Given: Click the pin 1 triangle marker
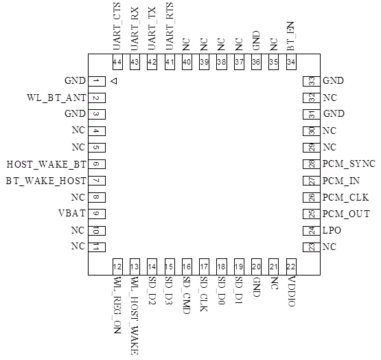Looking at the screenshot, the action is [x=114, y=81].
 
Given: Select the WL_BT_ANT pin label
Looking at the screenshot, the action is [x=56, y=98].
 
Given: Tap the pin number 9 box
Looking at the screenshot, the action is [x=97, y=214].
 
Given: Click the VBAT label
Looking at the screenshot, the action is [x=72, y=213].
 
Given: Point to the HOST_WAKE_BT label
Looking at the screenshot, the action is [x=46, y=164].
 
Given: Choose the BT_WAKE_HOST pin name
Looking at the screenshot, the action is [x=46, y=181].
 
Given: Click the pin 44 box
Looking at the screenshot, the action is [x=117, y=62].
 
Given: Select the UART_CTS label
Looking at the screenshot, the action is [x=117, y=27].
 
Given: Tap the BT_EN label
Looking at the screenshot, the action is [x=290, y=36].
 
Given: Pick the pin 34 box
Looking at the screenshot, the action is [x=291, y=62].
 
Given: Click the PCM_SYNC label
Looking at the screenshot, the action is [x=349, y=164].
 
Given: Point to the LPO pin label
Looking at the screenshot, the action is [x=332, y=230].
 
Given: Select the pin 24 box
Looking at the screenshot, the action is [x=312, y=230].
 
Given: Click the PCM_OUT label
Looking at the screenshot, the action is [x=346, y=214].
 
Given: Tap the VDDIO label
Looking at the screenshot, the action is [x=291, y=291].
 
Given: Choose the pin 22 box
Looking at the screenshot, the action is [x=291, y=267].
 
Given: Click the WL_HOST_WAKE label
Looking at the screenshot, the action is [x=135, y=316].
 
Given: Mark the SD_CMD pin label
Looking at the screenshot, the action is [x=186, y=295].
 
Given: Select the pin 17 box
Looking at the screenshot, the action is [x=204, y=267].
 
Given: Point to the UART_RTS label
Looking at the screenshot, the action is [x=170, y=27].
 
